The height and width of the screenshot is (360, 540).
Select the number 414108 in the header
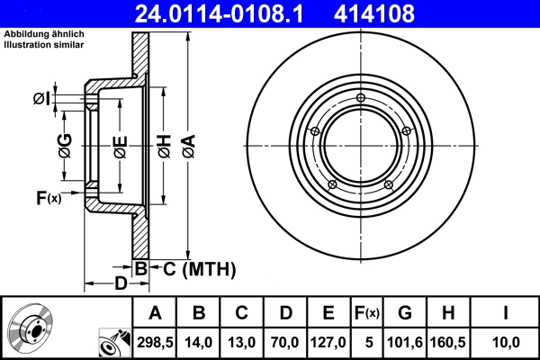[402, 13]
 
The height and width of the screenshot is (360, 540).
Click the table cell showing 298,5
[155, 342]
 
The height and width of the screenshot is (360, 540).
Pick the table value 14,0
[198, 342]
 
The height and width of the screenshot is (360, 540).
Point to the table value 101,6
[405, 342]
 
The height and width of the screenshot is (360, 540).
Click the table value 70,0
[284, 342]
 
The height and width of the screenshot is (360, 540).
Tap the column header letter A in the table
[155, 313]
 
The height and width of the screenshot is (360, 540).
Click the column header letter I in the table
[506, 313]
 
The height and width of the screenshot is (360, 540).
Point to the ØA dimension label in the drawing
[188, 143]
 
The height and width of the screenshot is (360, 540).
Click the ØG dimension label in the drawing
[65, 143]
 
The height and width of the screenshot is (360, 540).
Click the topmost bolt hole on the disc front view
[361, 98]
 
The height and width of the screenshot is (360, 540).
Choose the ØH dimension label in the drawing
[164, 143]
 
